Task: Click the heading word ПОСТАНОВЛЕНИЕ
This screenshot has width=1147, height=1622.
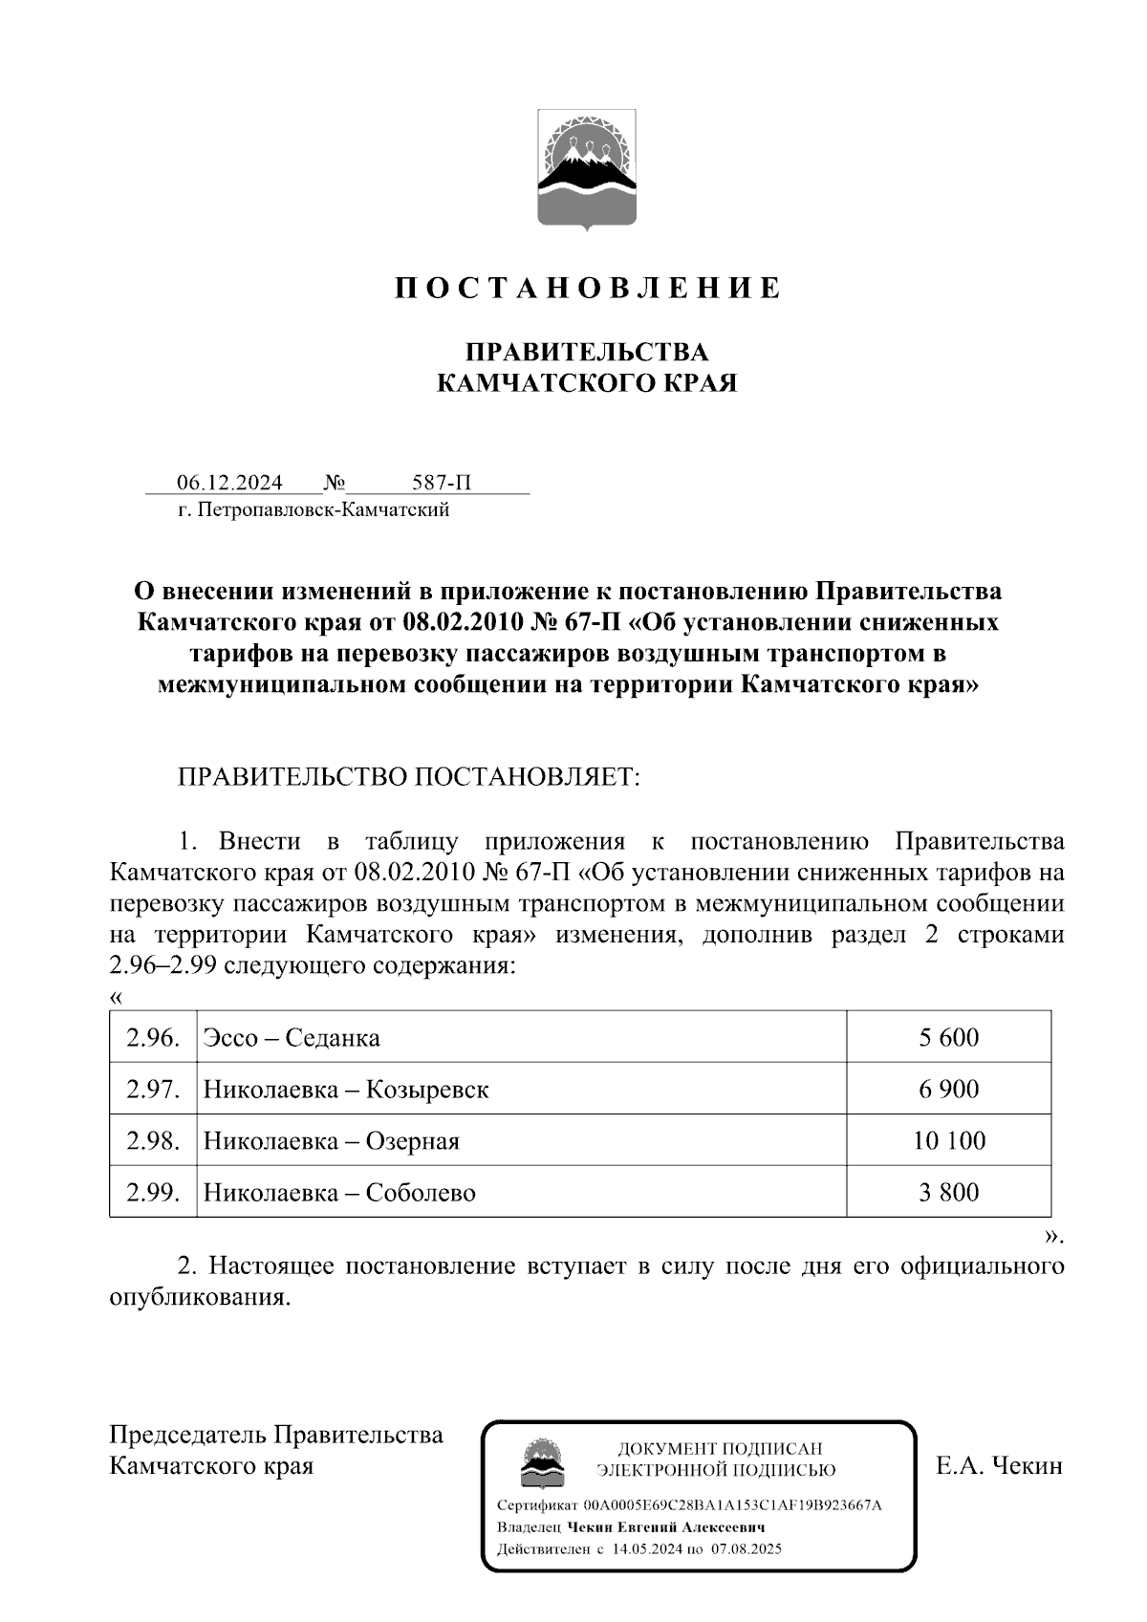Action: pos(588,288)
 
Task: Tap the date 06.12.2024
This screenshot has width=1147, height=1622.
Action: pos(229,483)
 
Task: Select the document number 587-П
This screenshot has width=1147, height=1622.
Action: pos(441,483)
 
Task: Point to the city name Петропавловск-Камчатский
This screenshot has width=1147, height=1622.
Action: pos(323,510)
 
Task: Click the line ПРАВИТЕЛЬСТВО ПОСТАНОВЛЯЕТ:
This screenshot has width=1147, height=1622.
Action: pos(408,776)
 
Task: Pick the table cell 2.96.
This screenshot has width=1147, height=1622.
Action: pos(153,1037)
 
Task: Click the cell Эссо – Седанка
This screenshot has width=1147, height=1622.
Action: pos(292,1037)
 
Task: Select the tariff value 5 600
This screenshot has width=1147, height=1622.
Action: pos(948,1037)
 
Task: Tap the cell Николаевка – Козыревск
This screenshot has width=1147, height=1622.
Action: pos(346,1089)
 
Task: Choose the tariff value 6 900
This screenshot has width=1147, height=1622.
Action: pos(948,1089)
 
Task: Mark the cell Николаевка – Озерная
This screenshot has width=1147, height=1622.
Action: pos(331,1140)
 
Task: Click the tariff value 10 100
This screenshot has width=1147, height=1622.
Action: pos(948,1140)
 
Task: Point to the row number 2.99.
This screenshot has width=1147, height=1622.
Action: pos(153,1192)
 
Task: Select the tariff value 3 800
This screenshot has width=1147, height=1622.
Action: pos(948,1192)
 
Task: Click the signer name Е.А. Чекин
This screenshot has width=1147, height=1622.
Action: pos(1000,1466)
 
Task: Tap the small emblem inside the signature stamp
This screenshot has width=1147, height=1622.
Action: pos(541,1462)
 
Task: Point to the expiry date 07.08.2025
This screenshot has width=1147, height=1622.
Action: pos(747,1549)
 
